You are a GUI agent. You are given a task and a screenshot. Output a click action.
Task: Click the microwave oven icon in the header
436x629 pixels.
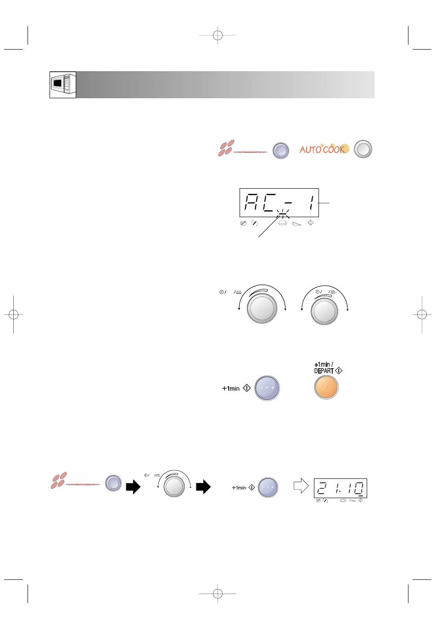(x=63, y=84)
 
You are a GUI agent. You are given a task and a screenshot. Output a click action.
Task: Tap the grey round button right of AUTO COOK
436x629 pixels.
(x=363, y=149)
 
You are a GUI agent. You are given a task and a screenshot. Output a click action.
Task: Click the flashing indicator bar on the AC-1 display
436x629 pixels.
(x=283, y=216)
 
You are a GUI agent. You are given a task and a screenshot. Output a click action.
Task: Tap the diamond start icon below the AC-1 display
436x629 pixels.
(x=311, y=223)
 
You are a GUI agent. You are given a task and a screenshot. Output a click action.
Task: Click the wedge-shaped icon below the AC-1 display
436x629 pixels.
(x=297, y=224)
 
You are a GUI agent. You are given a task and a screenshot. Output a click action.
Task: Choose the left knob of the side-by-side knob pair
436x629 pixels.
(x=262, y=309)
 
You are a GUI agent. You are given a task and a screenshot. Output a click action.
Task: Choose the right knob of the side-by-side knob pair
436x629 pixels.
(x=324, y=311)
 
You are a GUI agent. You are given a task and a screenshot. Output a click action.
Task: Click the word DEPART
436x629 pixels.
(x=324, y=371)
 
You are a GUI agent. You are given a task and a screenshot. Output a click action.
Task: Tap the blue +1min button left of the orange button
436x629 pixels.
(x=267, y=388)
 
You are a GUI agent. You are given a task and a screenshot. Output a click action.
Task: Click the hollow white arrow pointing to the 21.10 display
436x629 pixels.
(x=301, y=485)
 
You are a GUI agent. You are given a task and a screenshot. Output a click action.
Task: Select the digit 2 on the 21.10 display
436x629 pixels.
(x=321, y=488)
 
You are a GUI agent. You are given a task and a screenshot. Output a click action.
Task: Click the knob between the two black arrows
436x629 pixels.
(x=174, y=486)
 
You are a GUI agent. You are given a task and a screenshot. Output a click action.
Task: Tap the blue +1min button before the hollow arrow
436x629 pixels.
(x=268, y=487)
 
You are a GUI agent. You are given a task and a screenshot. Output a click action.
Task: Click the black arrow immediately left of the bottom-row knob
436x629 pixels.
(x=133, y=486)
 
